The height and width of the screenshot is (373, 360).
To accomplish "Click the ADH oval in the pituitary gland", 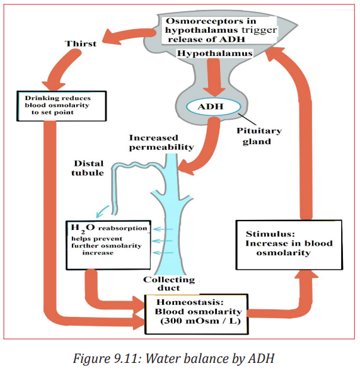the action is click(x=213, y=106).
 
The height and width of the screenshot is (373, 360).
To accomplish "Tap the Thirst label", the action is click(x=81, y=43).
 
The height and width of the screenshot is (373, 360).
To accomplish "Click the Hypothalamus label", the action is click(x=214, y=53).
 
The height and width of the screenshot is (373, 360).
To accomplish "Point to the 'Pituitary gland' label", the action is click(x=259, y=136).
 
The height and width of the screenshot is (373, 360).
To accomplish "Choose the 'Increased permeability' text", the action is click(x=161, y=142).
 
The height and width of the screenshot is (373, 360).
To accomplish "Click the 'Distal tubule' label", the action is click(x=88, y=168).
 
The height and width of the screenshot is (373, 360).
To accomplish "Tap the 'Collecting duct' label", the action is click(x=169, y=284).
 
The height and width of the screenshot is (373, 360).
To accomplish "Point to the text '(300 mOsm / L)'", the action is click(x=200, y=321).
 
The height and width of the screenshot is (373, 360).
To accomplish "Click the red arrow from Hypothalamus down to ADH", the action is click(x=214, y=77).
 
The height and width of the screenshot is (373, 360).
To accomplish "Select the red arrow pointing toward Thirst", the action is click(x=129, y=37).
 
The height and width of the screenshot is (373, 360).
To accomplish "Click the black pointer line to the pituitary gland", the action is click(x=247, y=119).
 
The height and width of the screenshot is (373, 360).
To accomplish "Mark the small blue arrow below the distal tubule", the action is click(x=102, y=212).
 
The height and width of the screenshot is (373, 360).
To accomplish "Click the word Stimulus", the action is click(x=270, y=234).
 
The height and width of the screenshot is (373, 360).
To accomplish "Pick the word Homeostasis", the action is click(x=190, y=302).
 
